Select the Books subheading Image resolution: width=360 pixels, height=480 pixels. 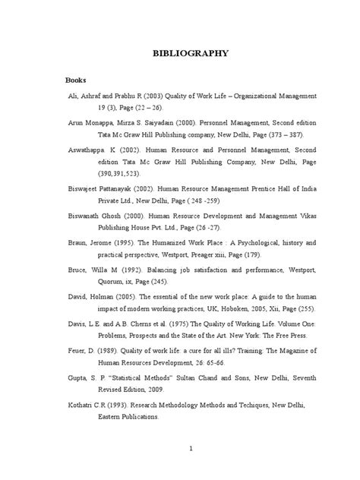click(x=76, y=80)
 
